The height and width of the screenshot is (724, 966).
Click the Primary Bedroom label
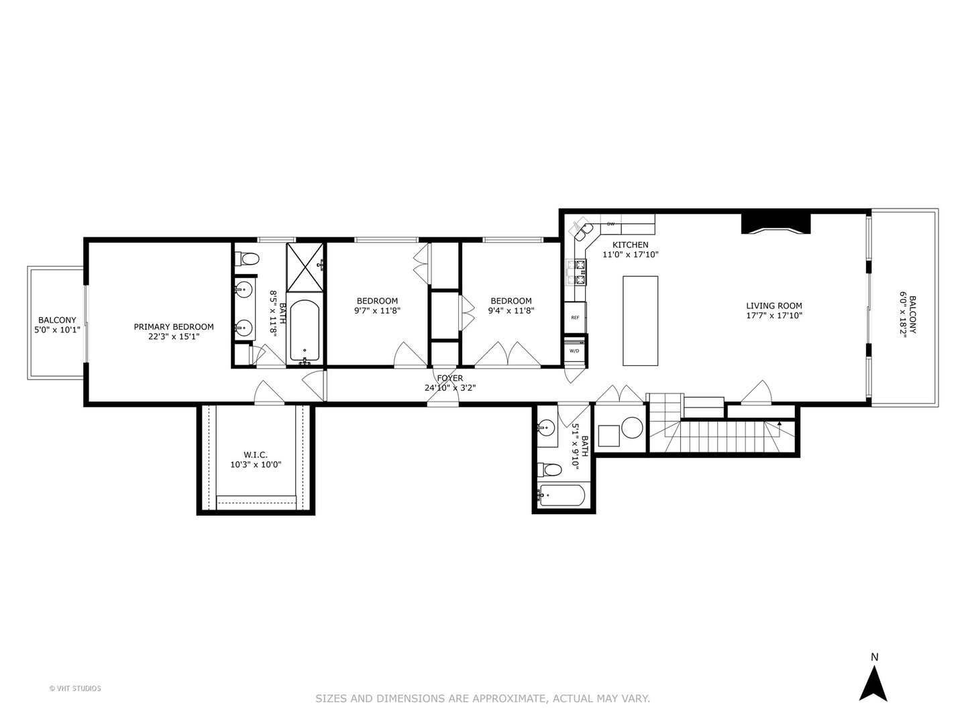pos(174,327)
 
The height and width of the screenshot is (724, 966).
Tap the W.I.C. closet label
pos(256,455)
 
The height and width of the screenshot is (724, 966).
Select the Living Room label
pos(774,306)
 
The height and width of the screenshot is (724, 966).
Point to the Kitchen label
pos(630,245)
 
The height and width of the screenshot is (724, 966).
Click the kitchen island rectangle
pos(640,320)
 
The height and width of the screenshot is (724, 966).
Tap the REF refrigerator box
pos(576,317)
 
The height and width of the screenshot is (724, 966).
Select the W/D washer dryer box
pos(575,351)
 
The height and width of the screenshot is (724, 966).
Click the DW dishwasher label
pos(610,224)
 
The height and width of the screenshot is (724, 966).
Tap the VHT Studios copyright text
pos(75,688)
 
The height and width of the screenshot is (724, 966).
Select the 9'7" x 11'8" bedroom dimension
pos(377,311)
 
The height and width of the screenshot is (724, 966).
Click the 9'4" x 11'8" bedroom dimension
pos(511,311)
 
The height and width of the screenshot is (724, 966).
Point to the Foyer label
pos(449,378)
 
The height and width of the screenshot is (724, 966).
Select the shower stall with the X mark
pos(305,267)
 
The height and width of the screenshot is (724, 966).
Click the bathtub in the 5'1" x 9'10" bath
pos(562,495)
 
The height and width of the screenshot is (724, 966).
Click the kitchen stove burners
pos(576,273)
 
